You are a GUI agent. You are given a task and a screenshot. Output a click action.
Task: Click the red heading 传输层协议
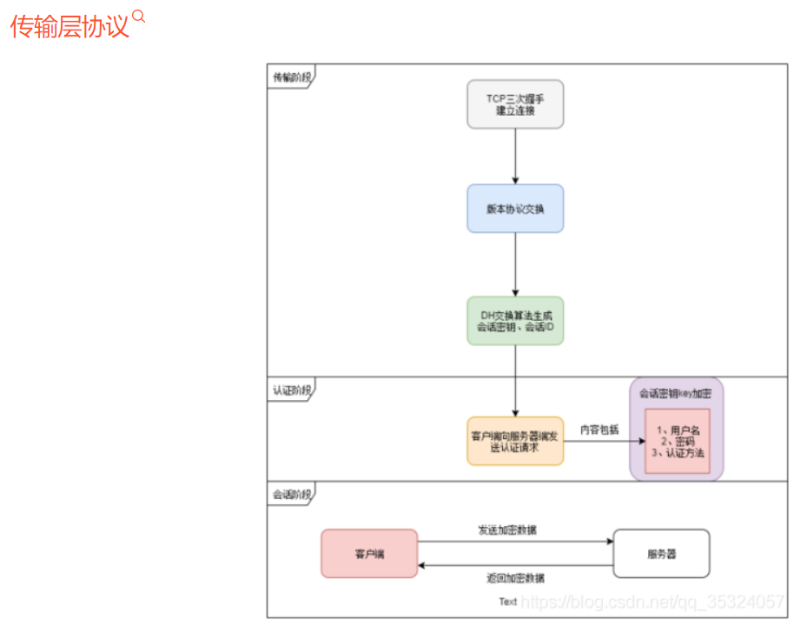pos(69,27)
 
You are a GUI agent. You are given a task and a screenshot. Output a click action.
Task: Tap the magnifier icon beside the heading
pos(138,17)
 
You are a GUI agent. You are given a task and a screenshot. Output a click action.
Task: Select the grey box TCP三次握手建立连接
pos(515,104)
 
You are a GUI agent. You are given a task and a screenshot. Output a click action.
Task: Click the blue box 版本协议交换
pos(515,209)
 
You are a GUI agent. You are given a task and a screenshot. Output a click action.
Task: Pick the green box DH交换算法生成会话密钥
pos(515,321)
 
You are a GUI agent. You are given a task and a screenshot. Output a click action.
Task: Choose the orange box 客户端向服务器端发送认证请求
pos(515,441)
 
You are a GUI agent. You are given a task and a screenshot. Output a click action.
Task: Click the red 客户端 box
pos(369,553)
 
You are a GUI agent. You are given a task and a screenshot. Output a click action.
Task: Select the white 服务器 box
pos(661,553)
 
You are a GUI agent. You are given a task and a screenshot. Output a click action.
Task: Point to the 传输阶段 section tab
pos(290,77)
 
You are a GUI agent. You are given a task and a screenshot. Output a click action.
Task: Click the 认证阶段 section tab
pos(290,390)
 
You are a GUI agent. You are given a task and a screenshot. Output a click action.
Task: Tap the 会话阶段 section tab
pos(290,494)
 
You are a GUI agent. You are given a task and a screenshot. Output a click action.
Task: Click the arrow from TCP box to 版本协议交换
pos(515,157)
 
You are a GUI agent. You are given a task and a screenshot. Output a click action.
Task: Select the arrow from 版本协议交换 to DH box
pos(515,265)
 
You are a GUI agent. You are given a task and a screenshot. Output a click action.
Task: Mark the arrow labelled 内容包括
pos(599,441)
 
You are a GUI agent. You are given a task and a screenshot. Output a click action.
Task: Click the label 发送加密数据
pos(513,530)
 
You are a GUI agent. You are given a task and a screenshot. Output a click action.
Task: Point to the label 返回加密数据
pos(515,578)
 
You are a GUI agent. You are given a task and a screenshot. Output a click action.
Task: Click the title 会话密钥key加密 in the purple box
pos(676,393)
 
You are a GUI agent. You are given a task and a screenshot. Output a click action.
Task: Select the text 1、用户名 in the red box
pos(678,430)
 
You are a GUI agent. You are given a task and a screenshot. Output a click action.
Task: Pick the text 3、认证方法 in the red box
pos(678,453)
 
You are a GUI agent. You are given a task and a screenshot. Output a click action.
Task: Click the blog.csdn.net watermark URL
pos(652,601)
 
